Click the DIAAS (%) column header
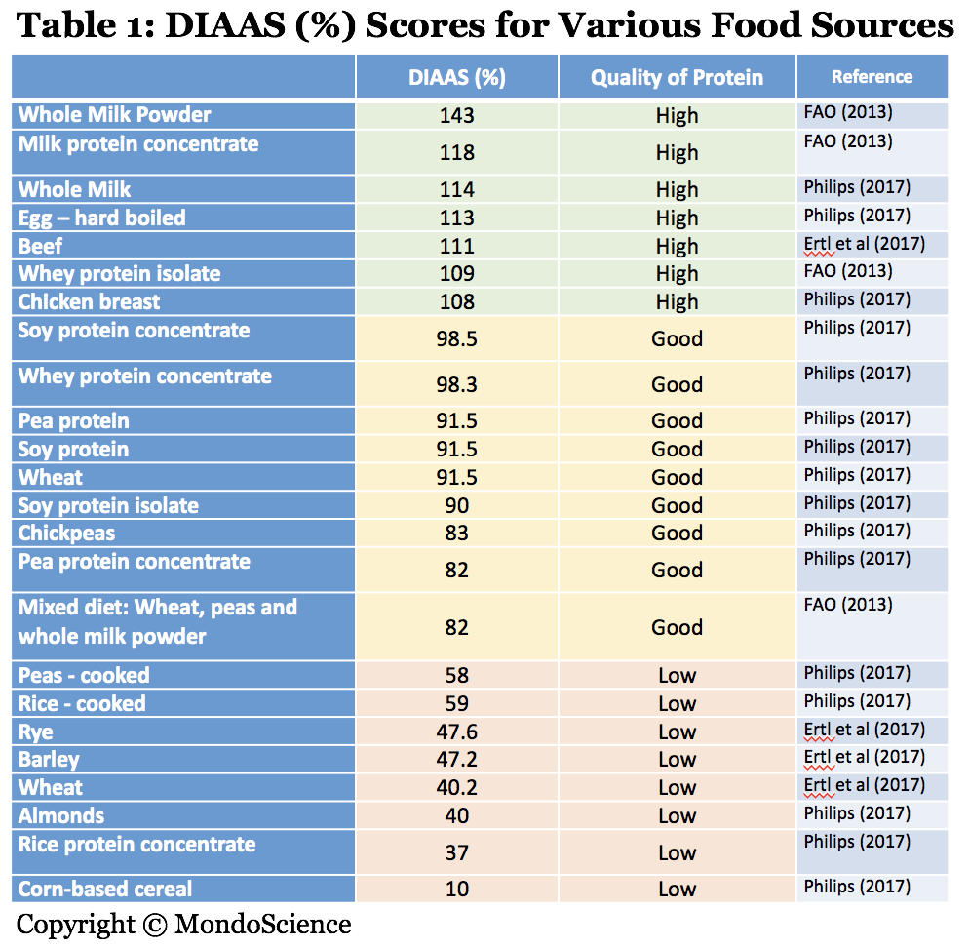456,78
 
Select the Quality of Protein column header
677,78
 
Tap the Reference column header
872,77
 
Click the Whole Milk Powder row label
115,114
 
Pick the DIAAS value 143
456,115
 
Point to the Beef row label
41,246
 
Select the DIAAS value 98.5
456,338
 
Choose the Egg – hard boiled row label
101,218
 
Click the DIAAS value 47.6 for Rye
456,732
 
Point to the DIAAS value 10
456,889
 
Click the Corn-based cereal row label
105,889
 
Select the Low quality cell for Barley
677,760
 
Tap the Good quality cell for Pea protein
677,420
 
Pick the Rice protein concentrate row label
137,844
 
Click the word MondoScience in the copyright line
263,924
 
